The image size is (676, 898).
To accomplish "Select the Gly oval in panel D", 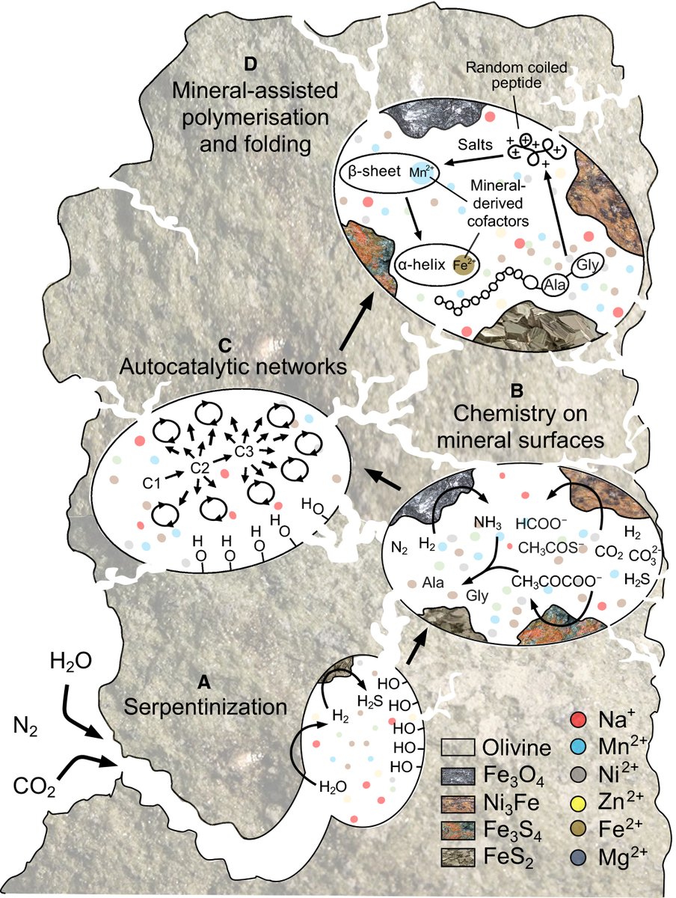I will click(x=587, y=266).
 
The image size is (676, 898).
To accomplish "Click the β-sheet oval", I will click(x=389, y=171).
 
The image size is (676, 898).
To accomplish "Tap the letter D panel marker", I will click(x=252, y=62).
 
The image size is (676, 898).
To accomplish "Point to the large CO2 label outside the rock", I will click(x=34, y=786).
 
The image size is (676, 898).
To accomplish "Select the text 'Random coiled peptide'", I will click(x=514, y=76).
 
